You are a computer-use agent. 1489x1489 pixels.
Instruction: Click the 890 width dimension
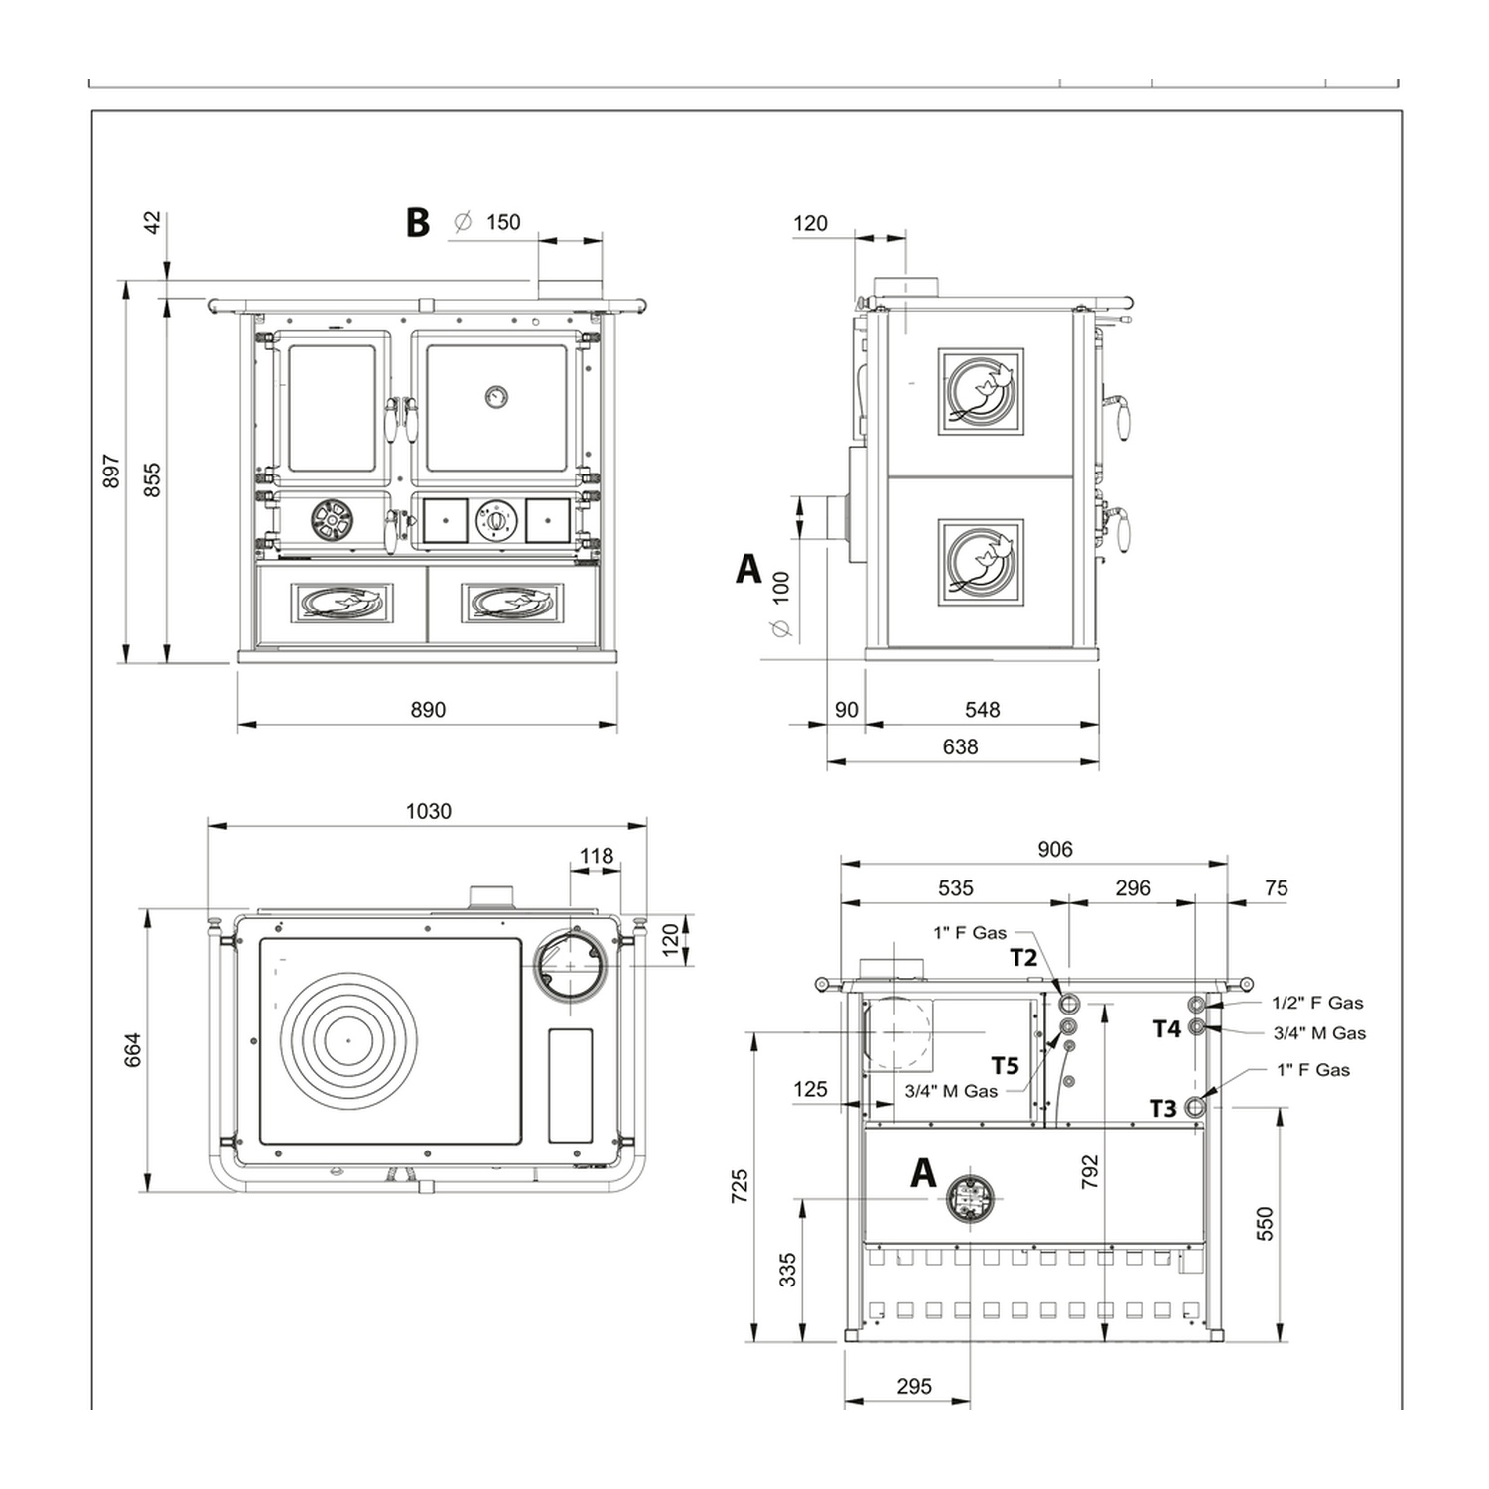click(x=428, y=710)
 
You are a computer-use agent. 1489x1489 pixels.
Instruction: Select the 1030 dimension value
click(x=429, y=811)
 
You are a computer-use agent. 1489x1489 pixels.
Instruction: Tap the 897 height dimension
click(x=111, y=472)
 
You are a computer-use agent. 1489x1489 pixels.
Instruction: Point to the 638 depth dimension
click(x=960, y=746)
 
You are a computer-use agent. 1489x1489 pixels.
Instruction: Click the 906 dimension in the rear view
click(x=1055, y=849)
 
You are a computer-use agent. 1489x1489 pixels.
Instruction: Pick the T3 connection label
click(x=1162, y=1108)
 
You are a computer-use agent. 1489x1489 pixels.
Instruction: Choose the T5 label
click(x=1005, y=1066)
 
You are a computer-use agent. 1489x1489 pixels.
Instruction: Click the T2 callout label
click(x=1023, y=957)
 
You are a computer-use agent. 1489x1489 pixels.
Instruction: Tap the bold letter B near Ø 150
click(x=418, y=222)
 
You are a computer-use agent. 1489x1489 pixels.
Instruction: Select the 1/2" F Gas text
click(x=1317, y=1003)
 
